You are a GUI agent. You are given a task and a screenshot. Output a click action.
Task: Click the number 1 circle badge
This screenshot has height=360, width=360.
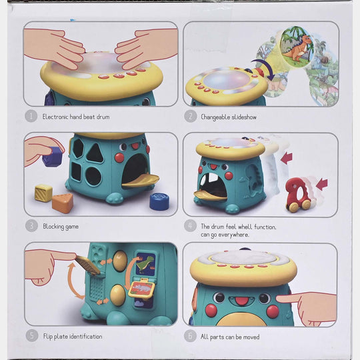point(31,116)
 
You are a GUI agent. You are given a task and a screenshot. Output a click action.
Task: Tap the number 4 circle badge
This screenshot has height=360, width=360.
point(190,225)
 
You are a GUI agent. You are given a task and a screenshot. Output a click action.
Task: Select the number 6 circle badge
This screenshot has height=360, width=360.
point(190,335)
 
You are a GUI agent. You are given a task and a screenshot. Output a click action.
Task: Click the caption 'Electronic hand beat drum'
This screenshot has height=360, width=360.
point(76,117)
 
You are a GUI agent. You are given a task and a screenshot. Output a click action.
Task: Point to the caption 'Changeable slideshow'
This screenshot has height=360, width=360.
point(229,117)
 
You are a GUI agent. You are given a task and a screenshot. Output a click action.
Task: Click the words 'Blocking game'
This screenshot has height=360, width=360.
point(61,227)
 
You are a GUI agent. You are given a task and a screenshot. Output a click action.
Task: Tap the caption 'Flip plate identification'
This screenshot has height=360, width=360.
point(73,337)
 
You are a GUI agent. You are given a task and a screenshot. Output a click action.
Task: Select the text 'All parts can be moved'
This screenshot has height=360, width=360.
point(230,337)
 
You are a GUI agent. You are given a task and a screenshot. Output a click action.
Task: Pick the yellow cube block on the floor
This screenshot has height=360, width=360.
point(43,193)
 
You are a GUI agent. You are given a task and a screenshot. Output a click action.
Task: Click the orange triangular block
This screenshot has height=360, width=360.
point(63,203)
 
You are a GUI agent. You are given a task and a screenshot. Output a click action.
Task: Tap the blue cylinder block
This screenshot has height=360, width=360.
point(159,201)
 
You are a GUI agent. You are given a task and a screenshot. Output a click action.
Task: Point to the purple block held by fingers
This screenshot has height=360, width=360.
point(53,157)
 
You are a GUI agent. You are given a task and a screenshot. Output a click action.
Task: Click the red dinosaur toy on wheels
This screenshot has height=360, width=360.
point(298,195)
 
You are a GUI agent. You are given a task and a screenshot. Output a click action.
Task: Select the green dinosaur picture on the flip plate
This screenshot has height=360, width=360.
point(145,264)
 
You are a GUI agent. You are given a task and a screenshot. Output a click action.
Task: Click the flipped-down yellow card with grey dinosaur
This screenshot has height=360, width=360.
point(141,288)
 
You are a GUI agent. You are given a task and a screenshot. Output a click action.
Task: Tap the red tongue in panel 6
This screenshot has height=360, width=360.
point(241,301)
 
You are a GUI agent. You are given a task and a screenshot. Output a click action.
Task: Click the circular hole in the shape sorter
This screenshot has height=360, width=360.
point(93,176)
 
